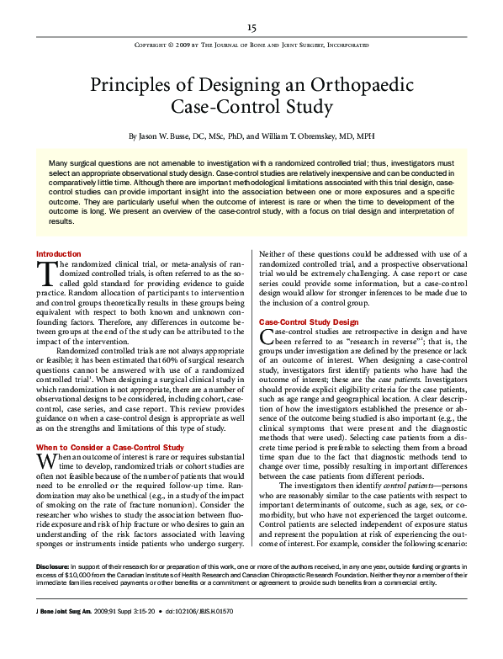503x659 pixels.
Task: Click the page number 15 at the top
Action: tap(251, 27)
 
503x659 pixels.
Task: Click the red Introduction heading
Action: tap(59, 253)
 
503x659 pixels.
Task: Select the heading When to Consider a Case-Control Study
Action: tap(110, 446)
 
